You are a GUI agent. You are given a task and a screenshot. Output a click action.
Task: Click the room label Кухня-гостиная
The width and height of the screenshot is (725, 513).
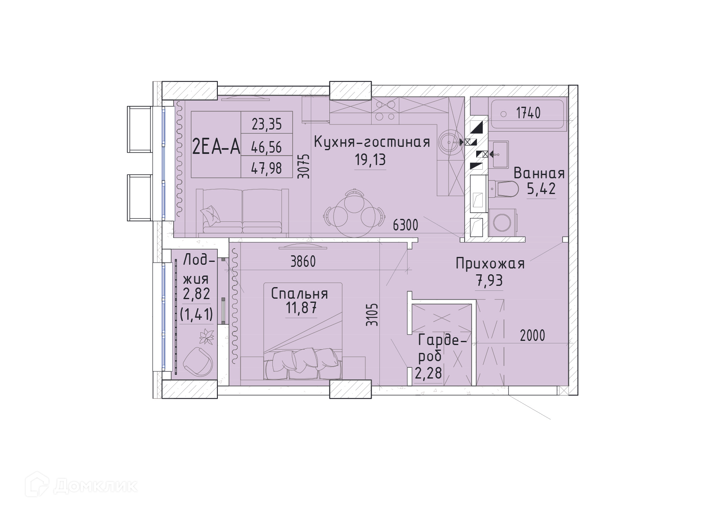tap(372, 142)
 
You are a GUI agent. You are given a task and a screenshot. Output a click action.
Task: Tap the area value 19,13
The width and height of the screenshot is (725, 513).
tap(370, 160)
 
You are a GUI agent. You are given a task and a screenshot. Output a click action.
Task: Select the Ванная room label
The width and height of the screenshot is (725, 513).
tap(539, 173)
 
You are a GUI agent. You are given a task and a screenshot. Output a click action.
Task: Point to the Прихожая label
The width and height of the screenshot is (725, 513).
tap(490, 264)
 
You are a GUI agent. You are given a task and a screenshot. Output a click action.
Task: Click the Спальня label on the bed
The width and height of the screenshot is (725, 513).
tap(300, 294)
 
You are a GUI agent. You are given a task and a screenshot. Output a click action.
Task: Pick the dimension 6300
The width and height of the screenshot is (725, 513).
tap(405, 225)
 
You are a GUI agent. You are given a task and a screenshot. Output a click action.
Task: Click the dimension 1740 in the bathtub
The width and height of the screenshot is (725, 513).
tap(528, 113)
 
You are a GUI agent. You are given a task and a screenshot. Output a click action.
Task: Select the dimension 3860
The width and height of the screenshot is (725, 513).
tap(303, 261)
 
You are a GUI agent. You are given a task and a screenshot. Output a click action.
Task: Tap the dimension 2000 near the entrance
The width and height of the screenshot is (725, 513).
tap(532, 336)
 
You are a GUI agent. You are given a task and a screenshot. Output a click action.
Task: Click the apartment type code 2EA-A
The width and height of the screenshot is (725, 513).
tap(216, 146)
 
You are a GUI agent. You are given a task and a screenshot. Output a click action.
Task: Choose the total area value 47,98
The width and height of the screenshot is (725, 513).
tap(267, 168)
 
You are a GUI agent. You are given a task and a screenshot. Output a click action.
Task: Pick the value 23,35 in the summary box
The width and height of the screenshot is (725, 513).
tap(267, 124)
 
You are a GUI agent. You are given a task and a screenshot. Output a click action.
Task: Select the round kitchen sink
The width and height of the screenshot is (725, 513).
tap(449, 142)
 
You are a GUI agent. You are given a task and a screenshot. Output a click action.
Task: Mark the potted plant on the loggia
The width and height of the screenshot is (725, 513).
tap(206, 336)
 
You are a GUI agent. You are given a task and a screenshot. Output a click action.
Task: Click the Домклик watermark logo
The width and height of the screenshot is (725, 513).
tap(81, 485)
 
